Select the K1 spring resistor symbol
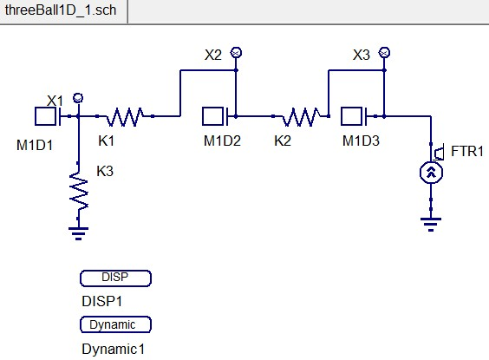128,115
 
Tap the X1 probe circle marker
78,97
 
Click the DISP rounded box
115,278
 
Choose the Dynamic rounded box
115,324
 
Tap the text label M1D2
222,141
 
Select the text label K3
105,172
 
